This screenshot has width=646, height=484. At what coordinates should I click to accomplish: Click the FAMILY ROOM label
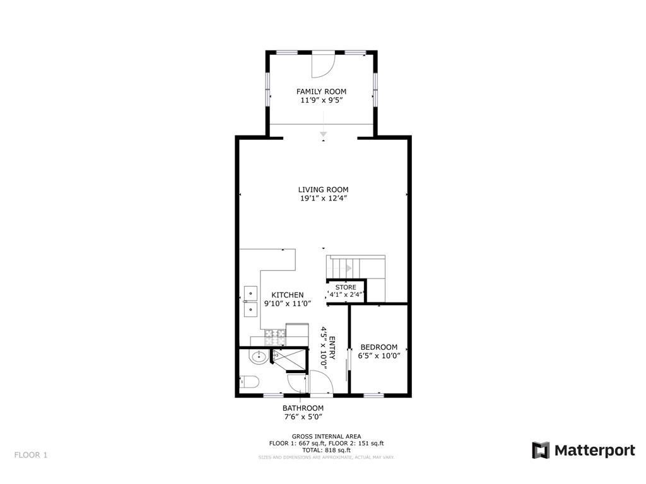click(322, 91)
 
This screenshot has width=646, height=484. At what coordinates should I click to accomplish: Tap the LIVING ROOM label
click(323, 190)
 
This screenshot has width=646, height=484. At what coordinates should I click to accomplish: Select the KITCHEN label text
click(287, 295)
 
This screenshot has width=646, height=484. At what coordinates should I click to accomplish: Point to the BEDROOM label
click(379, 347)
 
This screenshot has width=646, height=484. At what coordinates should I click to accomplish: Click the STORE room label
click(345, 287)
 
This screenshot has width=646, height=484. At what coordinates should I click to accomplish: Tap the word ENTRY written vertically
click(332, 348)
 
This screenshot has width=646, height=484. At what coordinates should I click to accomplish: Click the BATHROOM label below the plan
click(303, 408)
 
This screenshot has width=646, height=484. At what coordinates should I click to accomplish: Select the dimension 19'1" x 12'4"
click(323, 199)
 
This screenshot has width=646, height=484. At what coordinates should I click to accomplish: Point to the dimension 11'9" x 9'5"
click(322, 100)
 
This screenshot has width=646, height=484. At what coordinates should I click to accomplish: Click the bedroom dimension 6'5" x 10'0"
click(379, 356)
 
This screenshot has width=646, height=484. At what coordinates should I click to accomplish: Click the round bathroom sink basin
click(258, 357)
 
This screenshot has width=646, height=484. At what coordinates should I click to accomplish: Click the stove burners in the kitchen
click(275, 336)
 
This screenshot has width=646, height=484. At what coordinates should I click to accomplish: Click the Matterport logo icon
click(541, 450)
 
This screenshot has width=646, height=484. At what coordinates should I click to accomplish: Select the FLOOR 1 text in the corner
click(31, 454)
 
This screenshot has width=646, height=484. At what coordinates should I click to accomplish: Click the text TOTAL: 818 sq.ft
click(326, 450)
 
